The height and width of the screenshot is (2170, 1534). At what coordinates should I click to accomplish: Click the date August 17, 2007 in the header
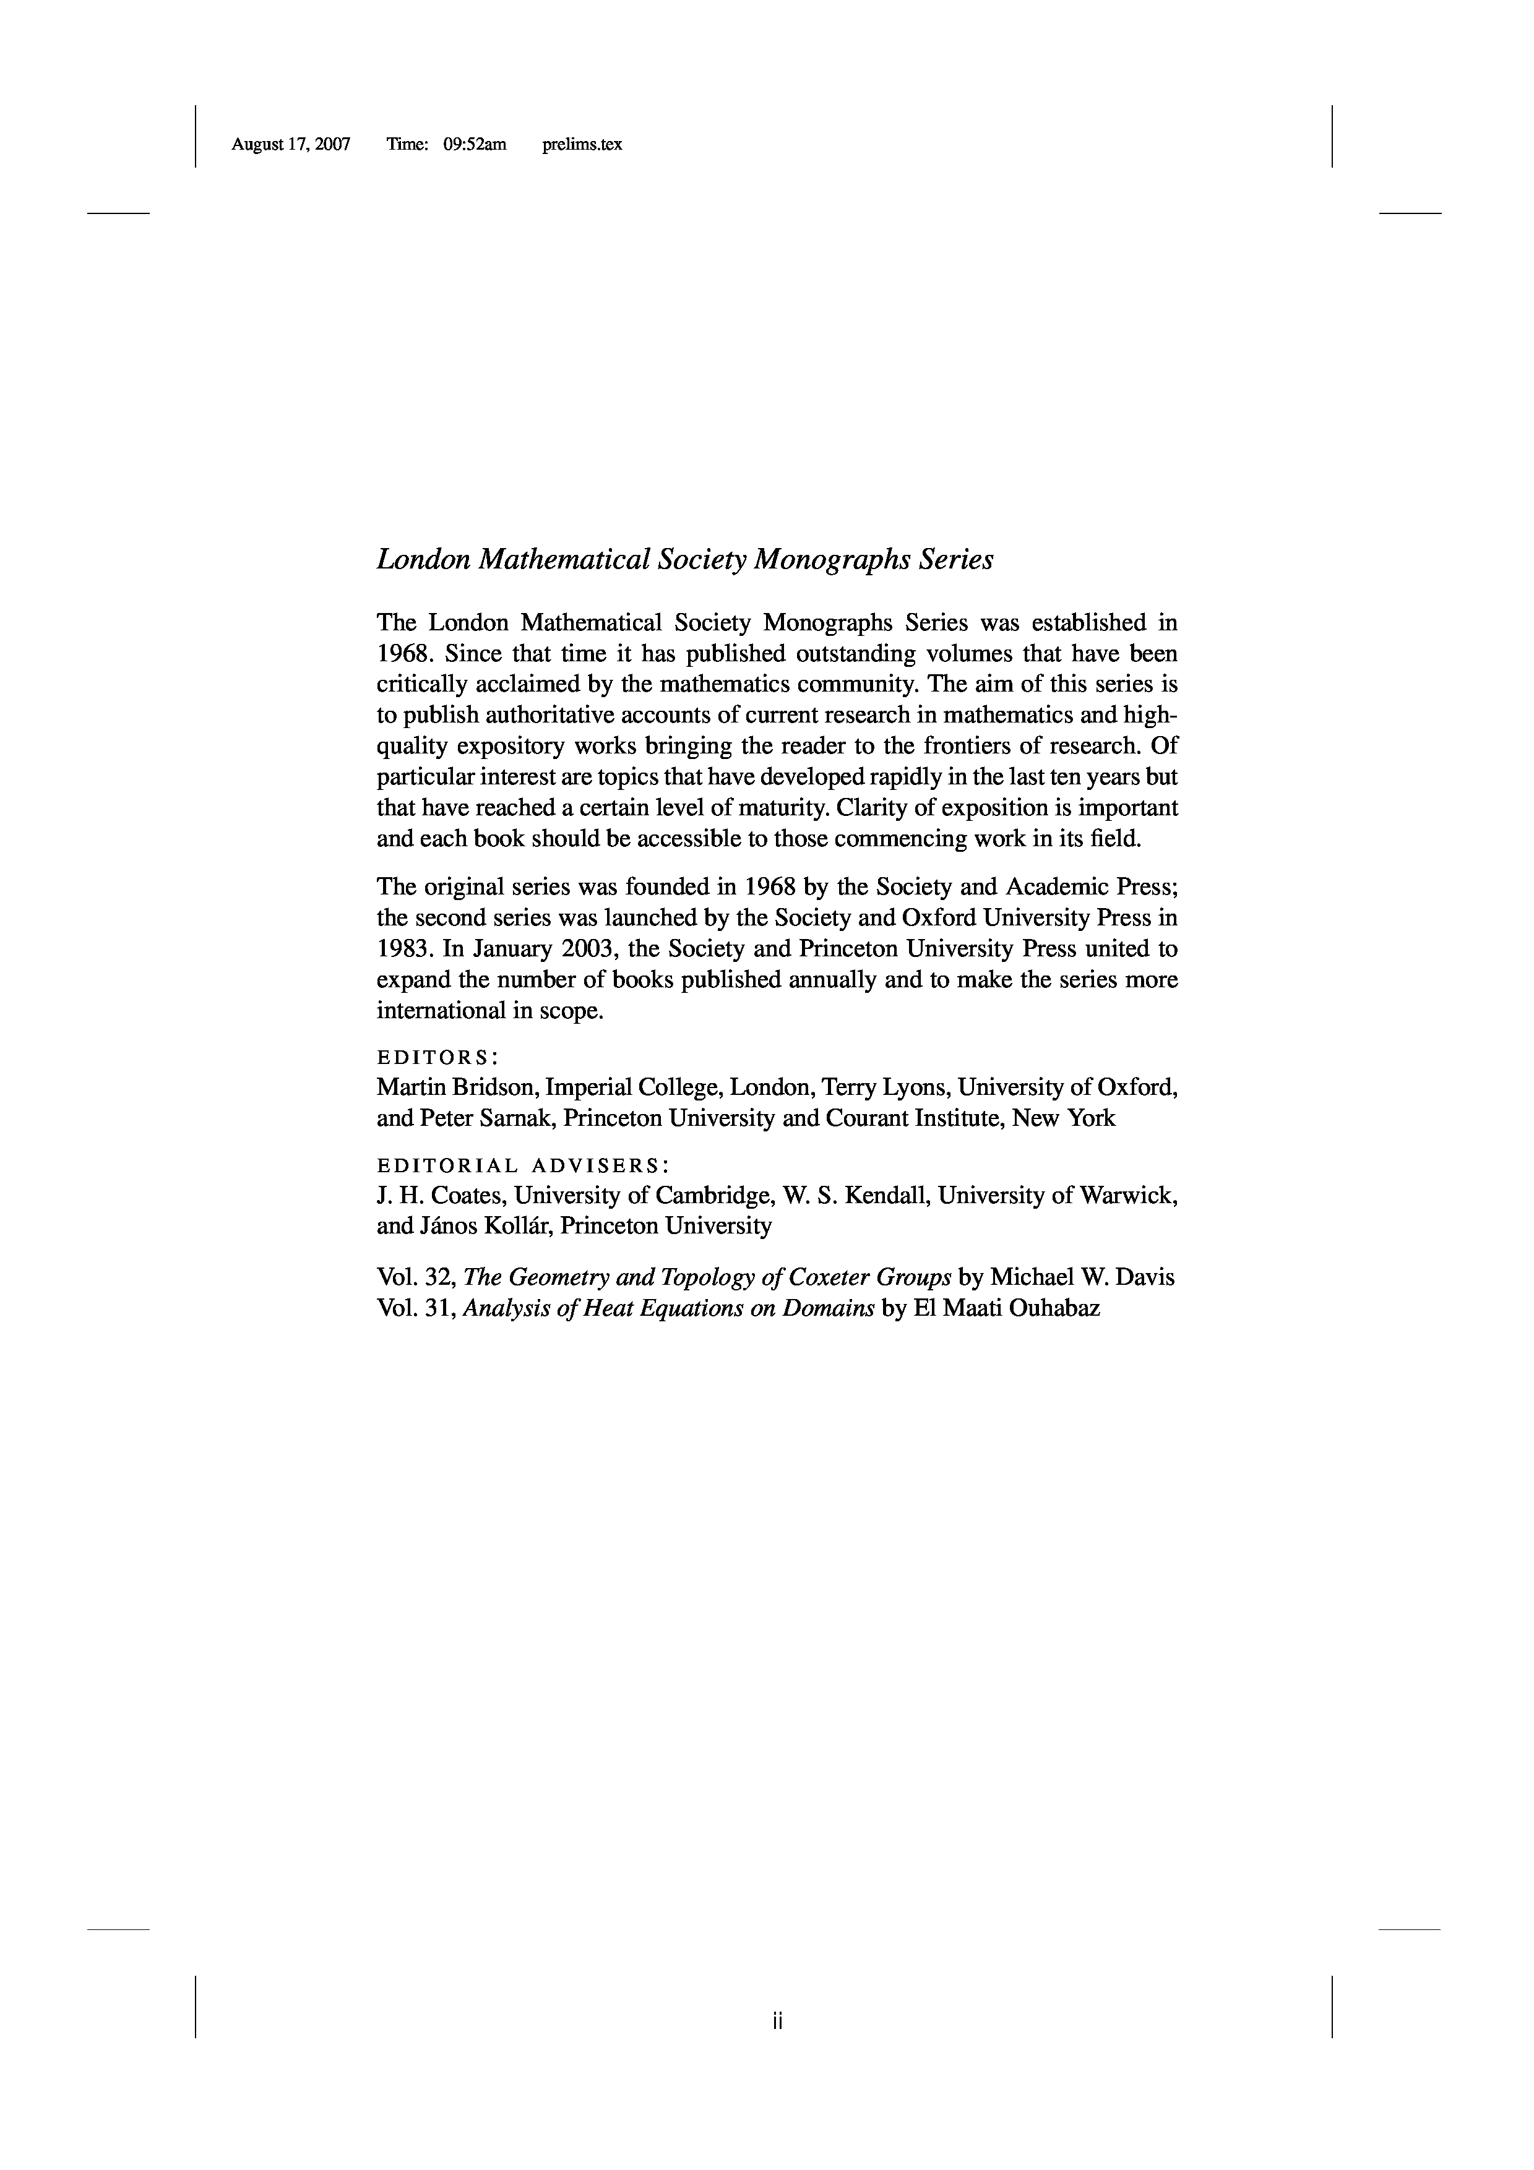coord(290,145)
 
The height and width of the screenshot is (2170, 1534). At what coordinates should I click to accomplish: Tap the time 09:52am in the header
coord(475,145)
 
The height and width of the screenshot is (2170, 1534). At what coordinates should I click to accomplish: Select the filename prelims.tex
coord(582,145)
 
